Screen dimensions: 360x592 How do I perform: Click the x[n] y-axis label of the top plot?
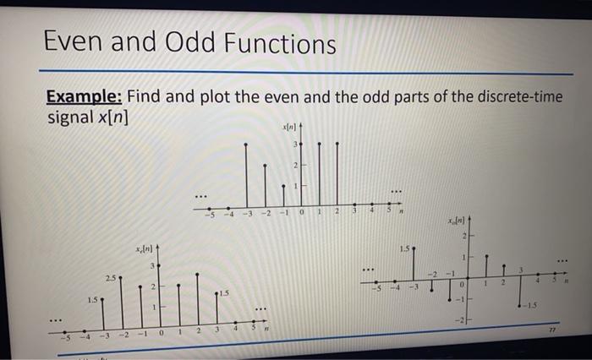[293, 124]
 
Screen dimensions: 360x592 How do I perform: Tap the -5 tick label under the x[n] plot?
[206, 212]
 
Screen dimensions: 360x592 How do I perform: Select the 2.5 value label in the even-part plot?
[112, 277]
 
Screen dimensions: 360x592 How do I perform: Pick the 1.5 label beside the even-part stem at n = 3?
[223, 292]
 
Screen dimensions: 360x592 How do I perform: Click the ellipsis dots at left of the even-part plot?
[55, 319]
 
